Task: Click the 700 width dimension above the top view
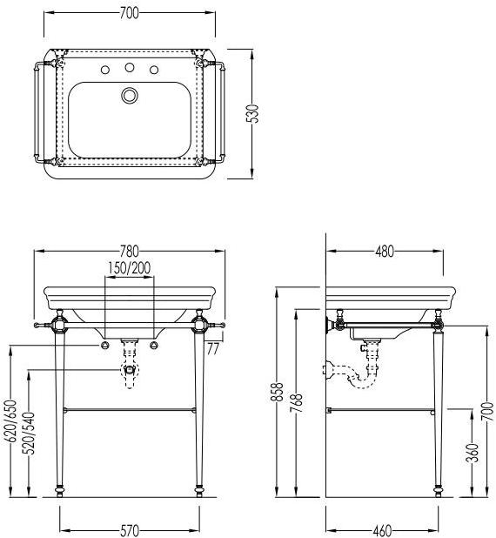pos(130,13)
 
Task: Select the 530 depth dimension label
pos(253,113)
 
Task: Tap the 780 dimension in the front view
pos(130,252)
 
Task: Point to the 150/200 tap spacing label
pos(130,268)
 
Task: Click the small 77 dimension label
pos(212,349)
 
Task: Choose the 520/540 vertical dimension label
pos(29,433)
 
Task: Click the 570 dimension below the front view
pos(130,530)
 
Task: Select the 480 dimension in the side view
pos(385,252)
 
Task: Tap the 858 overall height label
pos(278,392)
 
